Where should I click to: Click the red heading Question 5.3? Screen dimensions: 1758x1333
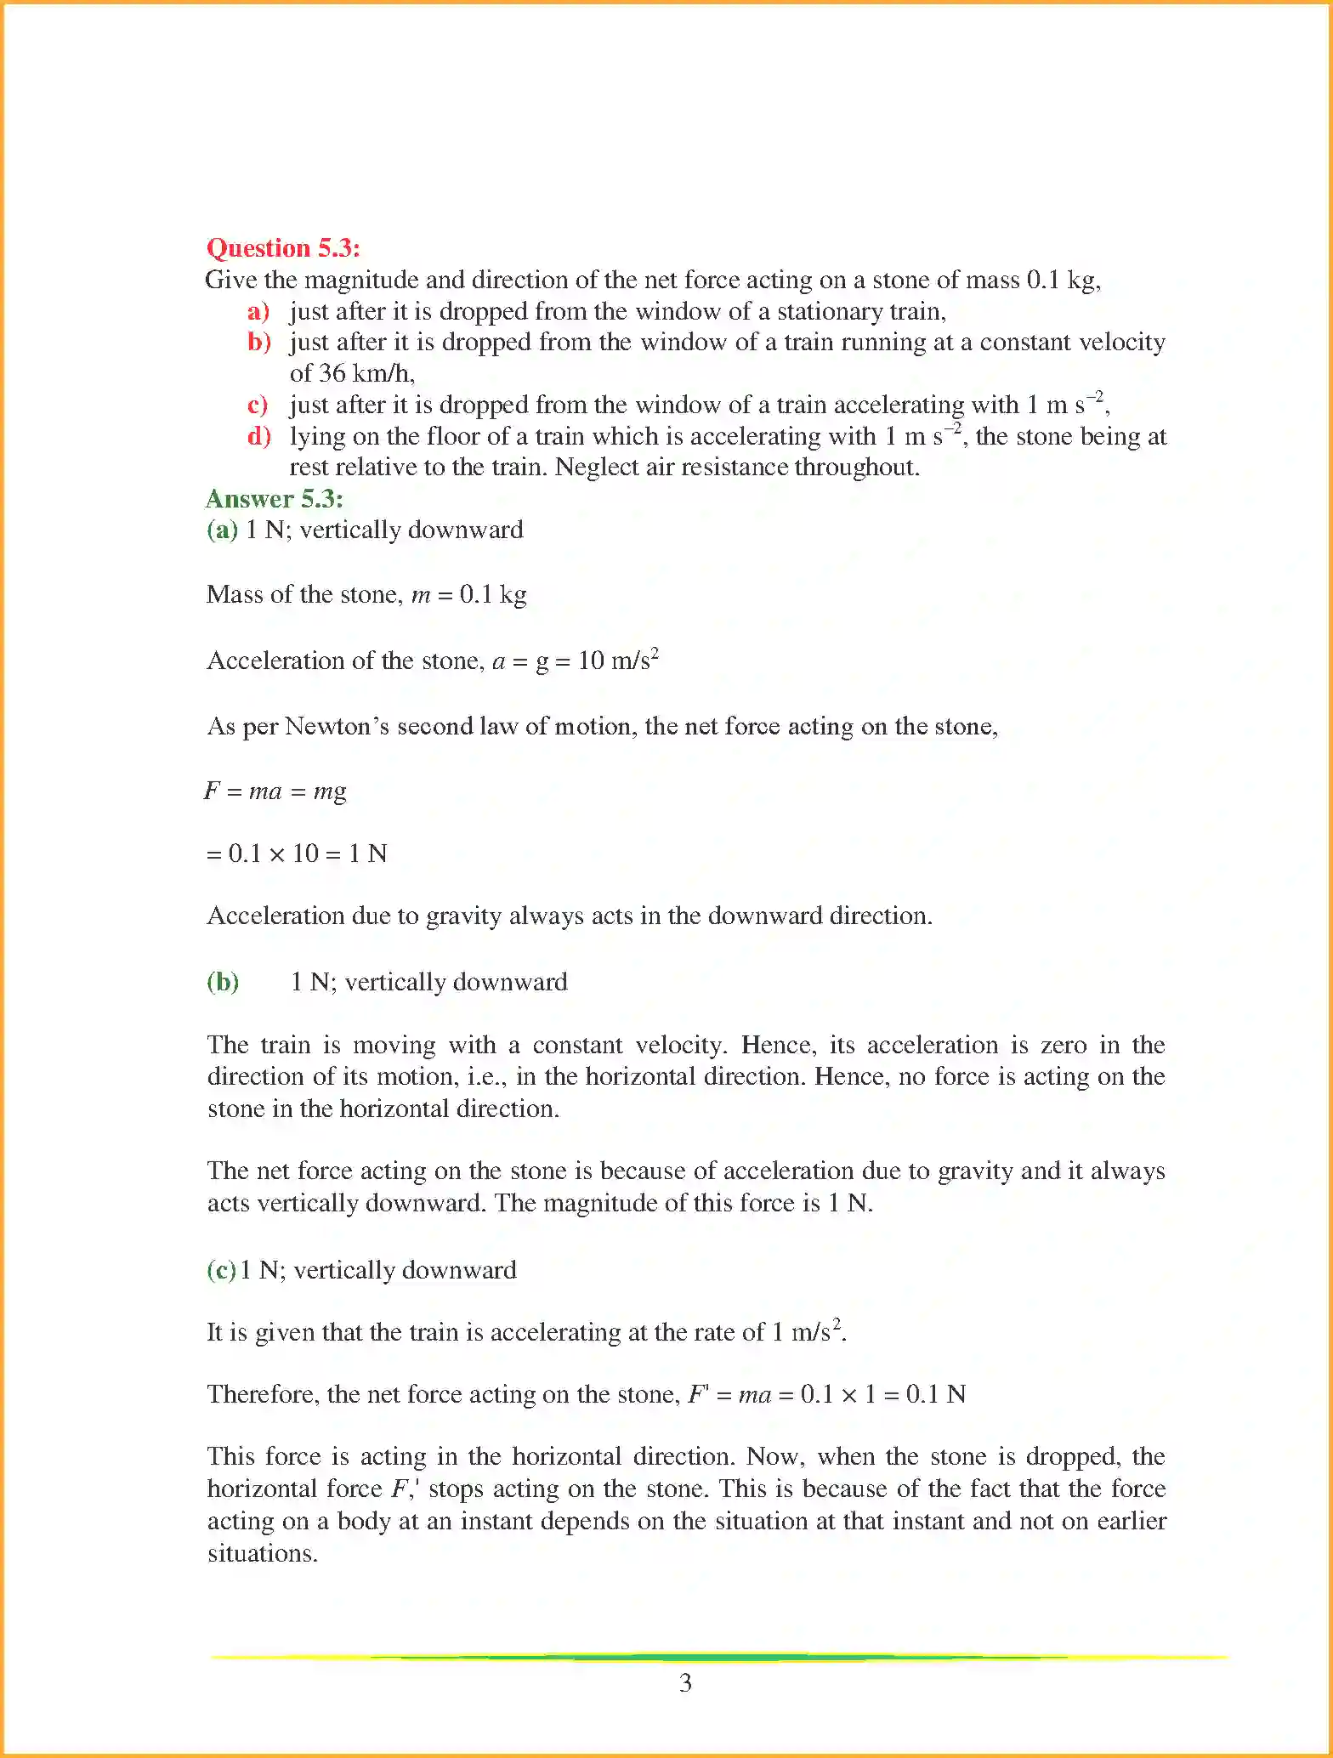[283, 248]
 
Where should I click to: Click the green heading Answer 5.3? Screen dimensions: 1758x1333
[274, 499]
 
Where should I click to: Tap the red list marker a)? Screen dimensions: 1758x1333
[258, 311]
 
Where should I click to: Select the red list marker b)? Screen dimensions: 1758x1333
[258, 342]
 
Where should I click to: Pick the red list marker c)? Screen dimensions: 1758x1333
[257, 405]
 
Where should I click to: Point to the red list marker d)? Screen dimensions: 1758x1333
[258, 436]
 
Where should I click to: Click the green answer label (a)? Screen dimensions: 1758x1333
[222, 530]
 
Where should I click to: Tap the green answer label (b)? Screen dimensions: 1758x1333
[223, 982]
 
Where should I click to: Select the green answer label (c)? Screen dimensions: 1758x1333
[221, 1270]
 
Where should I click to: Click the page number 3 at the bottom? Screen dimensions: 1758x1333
[685, 1683]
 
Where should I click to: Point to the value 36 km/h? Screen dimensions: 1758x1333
[366, 373]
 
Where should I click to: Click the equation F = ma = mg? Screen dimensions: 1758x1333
[275, 791]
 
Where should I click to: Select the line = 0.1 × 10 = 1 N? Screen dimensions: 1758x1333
[297, 853]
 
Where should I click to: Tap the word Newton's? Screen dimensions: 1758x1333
[337, 727]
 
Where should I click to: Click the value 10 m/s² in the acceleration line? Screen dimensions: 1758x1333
[618, 661]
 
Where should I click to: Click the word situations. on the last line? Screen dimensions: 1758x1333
[263, 1554]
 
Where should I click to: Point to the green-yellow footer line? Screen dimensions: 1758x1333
[718, 1657]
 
